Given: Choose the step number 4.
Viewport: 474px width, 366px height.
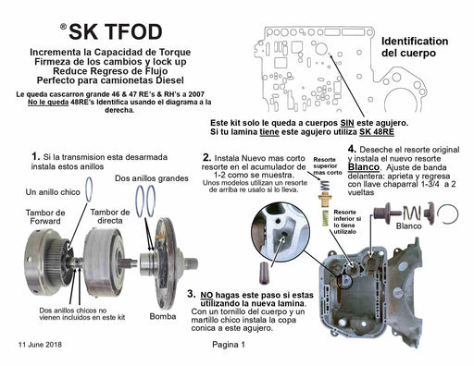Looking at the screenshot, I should (352, 148).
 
